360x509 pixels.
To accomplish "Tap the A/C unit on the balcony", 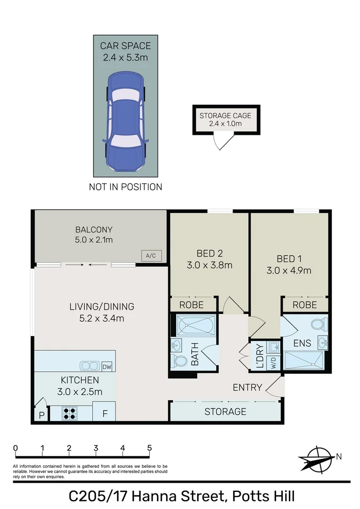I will point(151,256).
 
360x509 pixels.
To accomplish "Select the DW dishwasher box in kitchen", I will point(107,366).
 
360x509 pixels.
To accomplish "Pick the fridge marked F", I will point(105,413).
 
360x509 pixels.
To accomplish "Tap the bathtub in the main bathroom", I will point(195,325).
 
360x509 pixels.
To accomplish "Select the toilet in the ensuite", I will point(319,324).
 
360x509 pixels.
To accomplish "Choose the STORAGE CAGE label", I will point(225,115).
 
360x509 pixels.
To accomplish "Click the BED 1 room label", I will point(289,259).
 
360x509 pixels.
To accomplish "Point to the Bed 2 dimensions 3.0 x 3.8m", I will point(209,265).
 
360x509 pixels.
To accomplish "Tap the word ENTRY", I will point(247,387).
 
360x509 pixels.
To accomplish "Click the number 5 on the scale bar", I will point(149,448).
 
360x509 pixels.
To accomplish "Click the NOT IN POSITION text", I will point(125,187).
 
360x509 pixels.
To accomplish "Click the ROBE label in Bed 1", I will point(304,305).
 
